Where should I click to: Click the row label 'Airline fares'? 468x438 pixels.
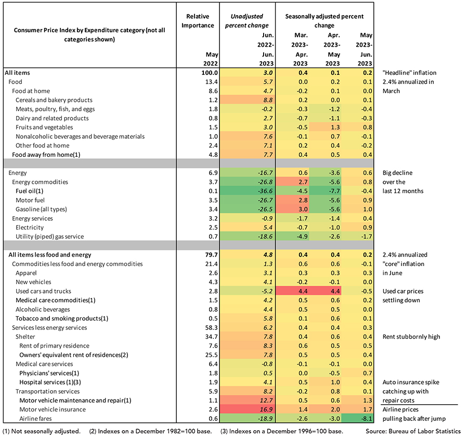[35, 419]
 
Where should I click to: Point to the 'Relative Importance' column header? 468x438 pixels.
[198, 21]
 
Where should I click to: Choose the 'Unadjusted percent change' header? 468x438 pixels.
[247, 21]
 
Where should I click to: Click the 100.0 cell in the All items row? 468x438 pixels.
[210, 73]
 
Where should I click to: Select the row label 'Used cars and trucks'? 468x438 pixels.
[43, 291]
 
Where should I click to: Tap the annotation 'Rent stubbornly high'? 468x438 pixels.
[411, 337]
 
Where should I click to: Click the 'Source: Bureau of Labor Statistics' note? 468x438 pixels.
[413, 431]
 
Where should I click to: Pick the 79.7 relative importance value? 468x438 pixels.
[211, 255]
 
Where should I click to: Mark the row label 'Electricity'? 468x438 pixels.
[30, 228]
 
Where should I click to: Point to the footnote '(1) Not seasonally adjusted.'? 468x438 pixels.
[41, 431]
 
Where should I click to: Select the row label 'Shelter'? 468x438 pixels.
[25, 337]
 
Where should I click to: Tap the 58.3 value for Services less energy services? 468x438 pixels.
[211, 328]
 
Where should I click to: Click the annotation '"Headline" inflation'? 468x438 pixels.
[409, 73]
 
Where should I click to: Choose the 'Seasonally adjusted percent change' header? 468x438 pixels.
[324, 21]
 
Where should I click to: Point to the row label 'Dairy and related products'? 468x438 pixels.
[52, 118]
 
